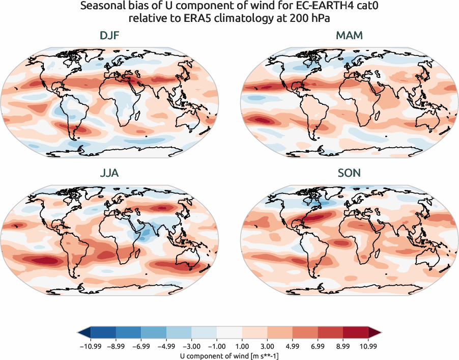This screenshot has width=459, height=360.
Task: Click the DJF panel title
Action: [x=109, y=36]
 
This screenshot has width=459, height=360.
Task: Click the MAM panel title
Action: [x=350, y=36]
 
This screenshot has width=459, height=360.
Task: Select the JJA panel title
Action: [x=109, y=173]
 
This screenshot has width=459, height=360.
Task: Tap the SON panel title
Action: [x=350, y=173]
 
